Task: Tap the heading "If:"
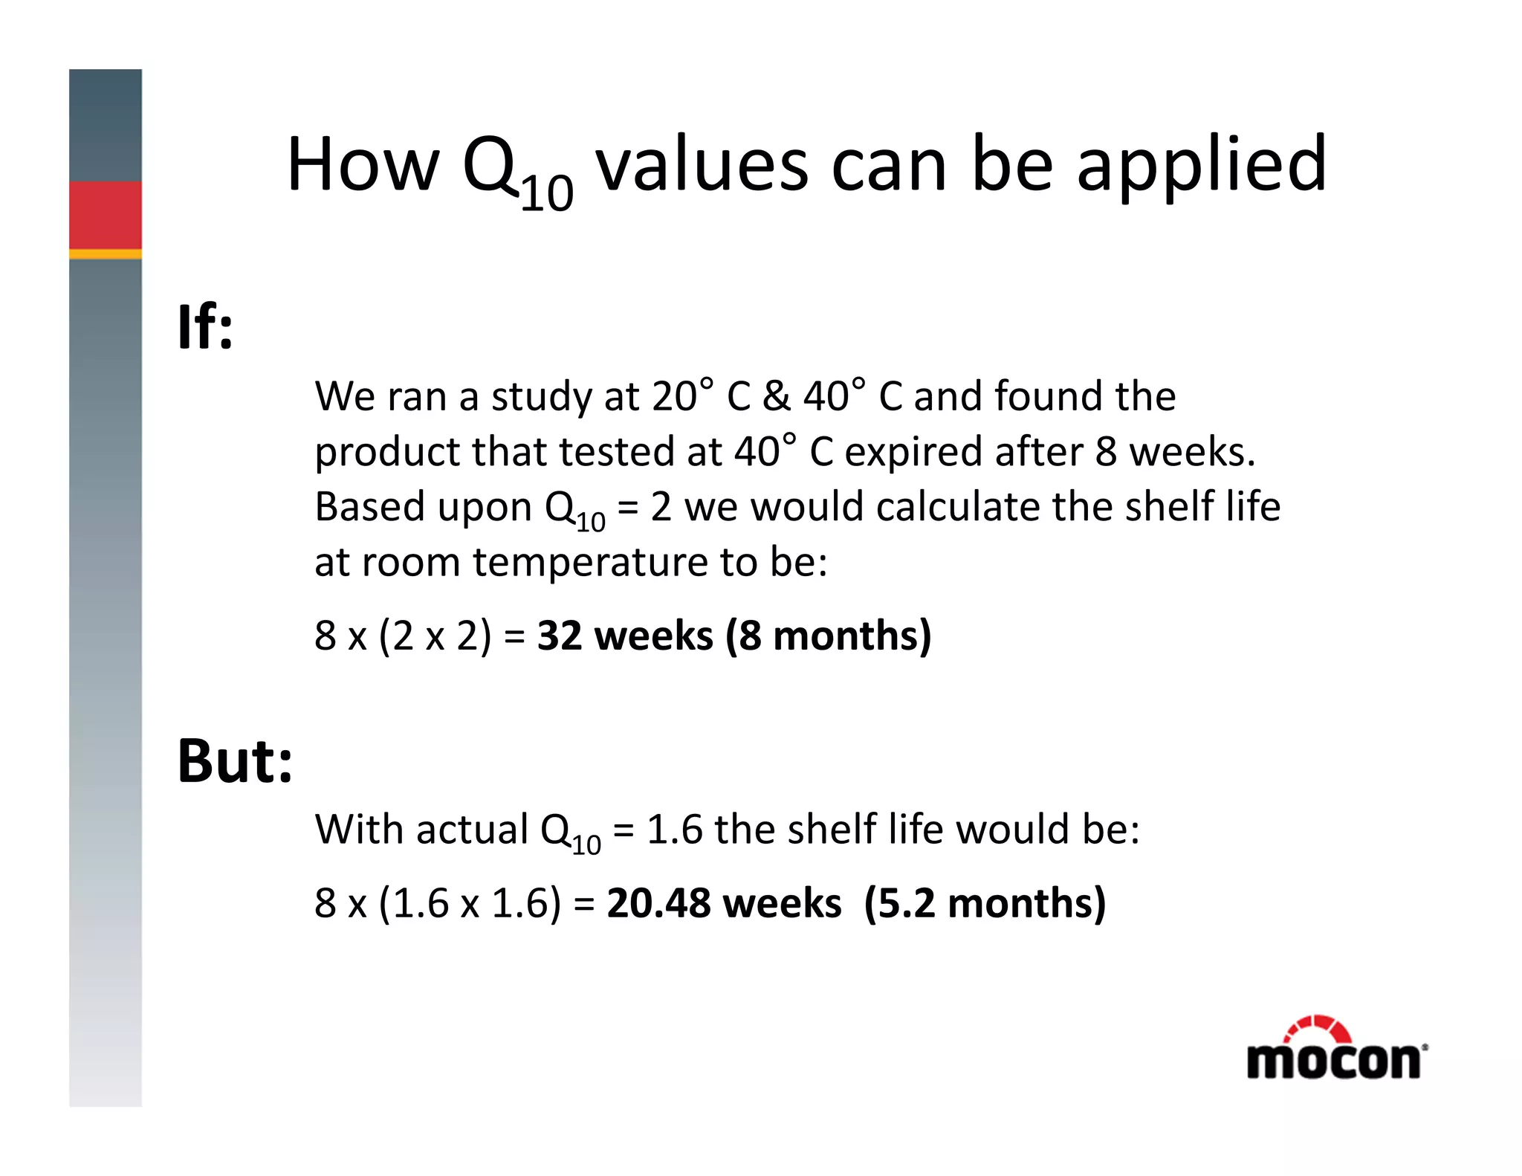205,327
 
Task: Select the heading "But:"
235,761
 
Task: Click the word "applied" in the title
1201,165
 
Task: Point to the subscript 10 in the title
547,195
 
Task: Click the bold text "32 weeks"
624,636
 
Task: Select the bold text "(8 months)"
828,636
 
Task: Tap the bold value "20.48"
658,903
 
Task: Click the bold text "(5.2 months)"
985,903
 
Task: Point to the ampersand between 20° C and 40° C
776,396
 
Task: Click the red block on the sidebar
106,215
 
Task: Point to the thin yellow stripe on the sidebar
106,254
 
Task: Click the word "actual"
472,830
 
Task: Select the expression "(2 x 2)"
435,636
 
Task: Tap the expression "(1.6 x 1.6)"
470,903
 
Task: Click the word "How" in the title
363,165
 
